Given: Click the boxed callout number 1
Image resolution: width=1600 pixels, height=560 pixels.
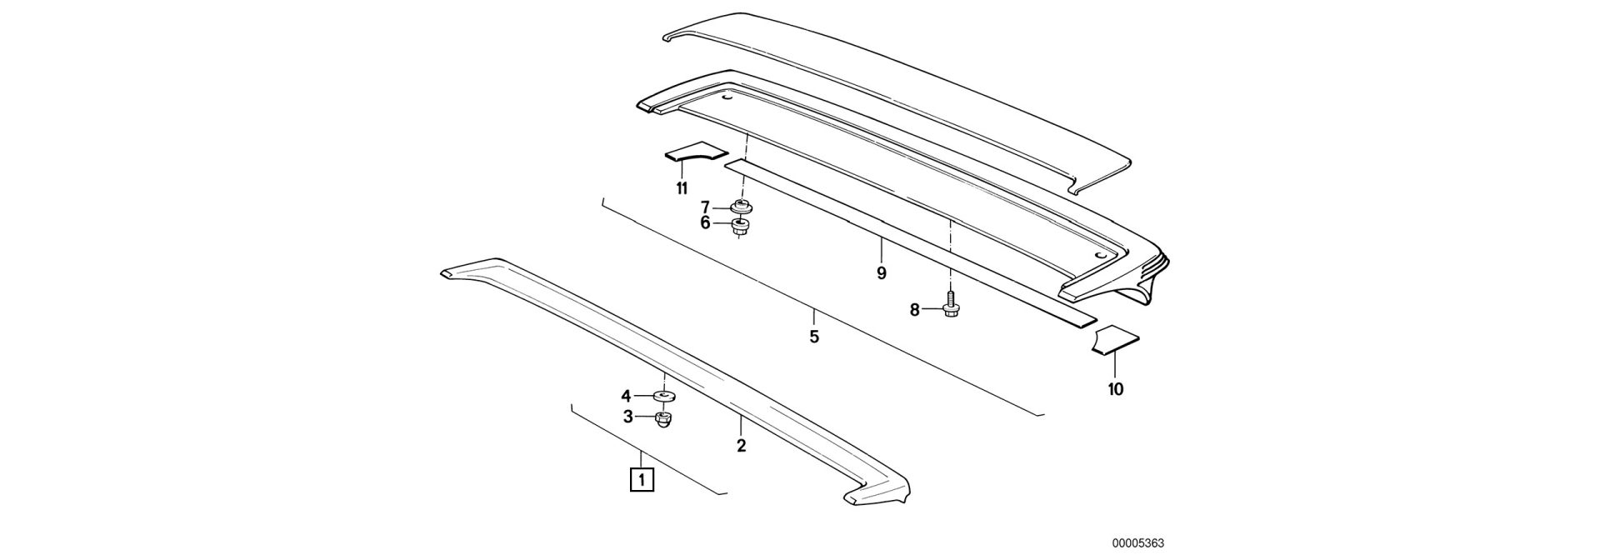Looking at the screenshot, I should pyautogui.click(x=642, y=480).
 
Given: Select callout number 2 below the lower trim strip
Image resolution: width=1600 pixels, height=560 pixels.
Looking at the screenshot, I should pyautogui.click(x=741, y=446).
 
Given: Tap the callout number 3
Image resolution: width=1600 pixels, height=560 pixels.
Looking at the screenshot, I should pyautogui.click(x=627, y=417).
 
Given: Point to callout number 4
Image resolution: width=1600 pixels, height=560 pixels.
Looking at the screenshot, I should pyautogui.click(x=626, y=396).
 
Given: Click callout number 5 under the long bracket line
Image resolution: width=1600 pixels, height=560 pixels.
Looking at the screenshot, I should pyautogui.click(x=814, y=337).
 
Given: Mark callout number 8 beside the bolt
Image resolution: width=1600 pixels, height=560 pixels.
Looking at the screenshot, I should pyautogui.click(x=914, y=310).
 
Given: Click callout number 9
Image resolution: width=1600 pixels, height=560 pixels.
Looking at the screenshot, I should pyautogui.click(x=882, y=272).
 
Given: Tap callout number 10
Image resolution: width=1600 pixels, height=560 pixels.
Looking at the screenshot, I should pyautogui.click(x=1116, y=388).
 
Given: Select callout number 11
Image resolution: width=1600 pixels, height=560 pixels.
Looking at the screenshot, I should pyautogui.click(x=682, y=188).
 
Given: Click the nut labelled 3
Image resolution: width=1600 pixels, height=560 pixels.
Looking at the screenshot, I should pyautogui.click(x=663, y=418).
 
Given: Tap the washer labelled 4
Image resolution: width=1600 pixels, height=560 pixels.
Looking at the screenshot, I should pyautogui.click(x=664, y=396).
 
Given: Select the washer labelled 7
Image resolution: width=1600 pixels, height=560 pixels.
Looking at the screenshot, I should pyautogui.click(x=739, y=207).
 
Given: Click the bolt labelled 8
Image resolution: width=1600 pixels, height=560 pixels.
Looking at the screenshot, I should pyautogui.click(x=949, y=306).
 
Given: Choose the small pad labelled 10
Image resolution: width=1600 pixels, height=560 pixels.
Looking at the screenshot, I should pyautogui.click(x=1115, y=340).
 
